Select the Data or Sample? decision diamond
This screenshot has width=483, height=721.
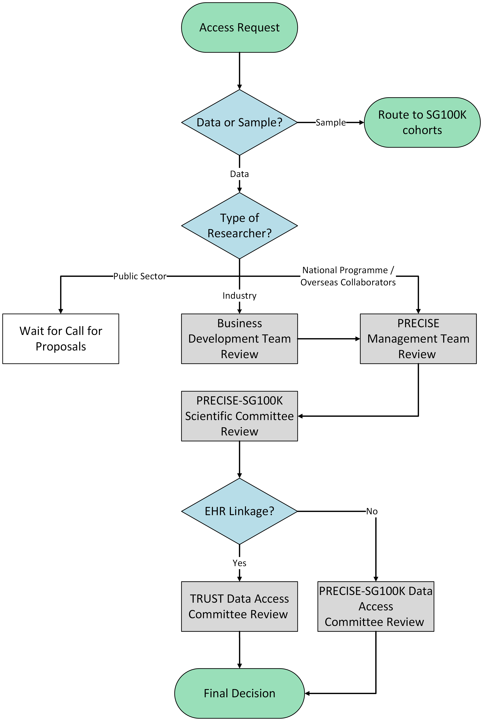(239, 122)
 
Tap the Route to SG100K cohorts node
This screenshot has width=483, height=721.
(422, 122)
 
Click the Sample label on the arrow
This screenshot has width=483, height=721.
(331, 122)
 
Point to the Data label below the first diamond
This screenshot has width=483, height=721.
(239, 174)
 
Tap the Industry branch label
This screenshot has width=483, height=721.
(239, 296)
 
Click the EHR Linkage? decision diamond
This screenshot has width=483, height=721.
(239, 511)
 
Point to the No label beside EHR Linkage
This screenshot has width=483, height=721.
(372, 511)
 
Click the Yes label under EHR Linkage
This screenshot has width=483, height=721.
(239, 563)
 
